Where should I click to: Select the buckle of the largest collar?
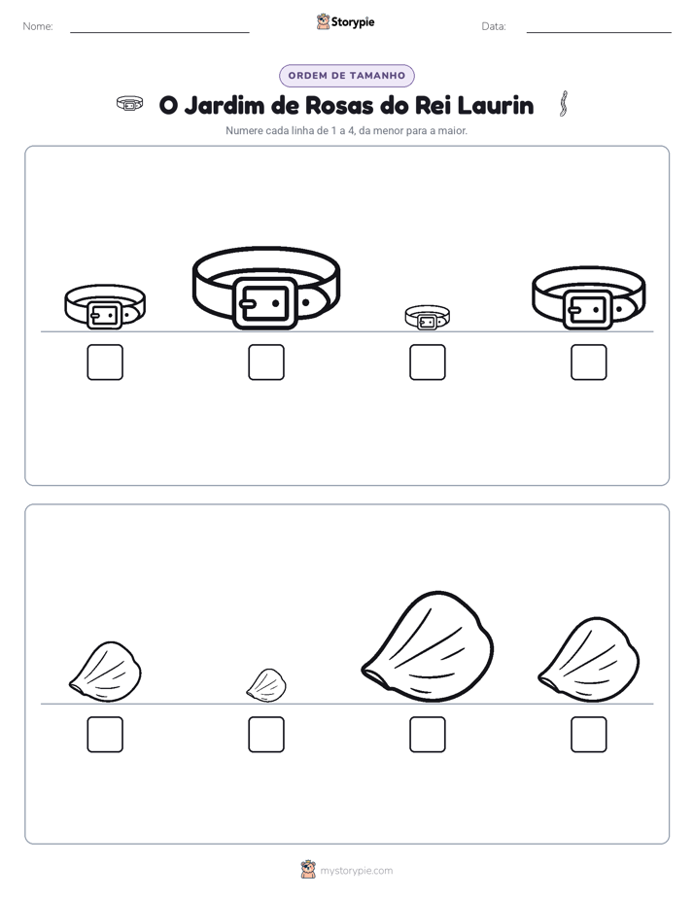(x=265, y=303)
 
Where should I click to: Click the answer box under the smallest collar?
(x=427, y=362)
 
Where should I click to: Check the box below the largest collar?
(x=266, y=362)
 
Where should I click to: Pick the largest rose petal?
(x=428, y=647)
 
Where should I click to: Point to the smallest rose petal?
(x=266, y=685)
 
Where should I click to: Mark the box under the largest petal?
(x=427, y=734)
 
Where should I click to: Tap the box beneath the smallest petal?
(x=266, y=734)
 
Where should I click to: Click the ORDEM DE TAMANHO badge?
(x=347, y=76)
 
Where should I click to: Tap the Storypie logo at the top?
(x=346, y=21)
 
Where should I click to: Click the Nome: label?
(x=38, y=26)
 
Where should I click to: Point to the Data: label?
(x=494, y=26)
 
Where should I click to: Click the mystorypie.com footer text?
(x=356, y=871)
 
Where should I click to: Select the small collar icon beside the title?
(x=130, y=104)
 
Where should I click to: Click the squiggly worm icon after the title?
(x=564, y=104)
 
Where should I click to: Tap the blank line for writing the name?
(x=159, y=32)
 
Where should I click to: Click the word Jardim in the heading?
(x=225, y=105)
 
